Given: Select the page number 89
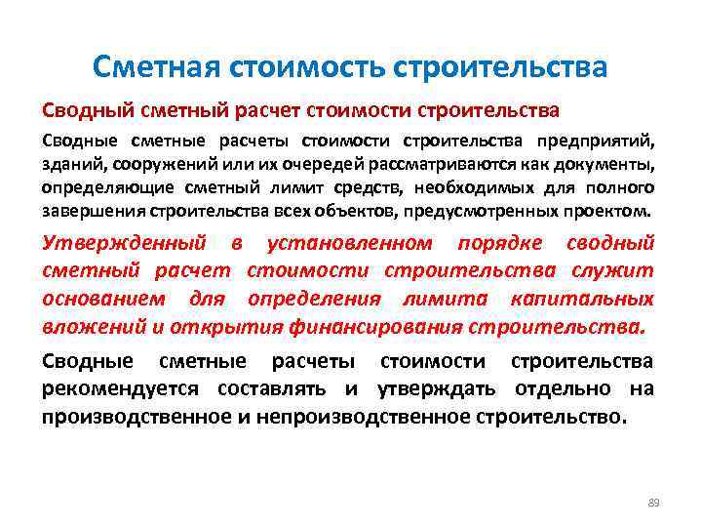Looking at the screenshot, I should [x=653, y=502].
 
